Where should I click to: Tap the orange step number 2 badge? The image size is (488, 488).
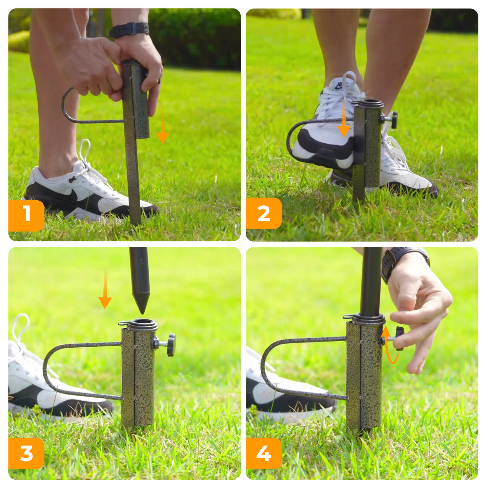[x=264, y=213]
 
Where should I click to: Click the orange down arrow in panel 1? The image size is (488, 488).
[x=162, y=125]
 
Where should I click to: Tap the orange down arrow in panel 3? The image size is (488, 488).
[x=105, y=288]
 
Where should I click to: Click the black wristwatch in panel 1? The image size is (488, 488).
[x=129, y=29]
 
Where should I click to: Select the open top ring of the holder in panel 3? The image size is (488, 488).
[x=142, y=323]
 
